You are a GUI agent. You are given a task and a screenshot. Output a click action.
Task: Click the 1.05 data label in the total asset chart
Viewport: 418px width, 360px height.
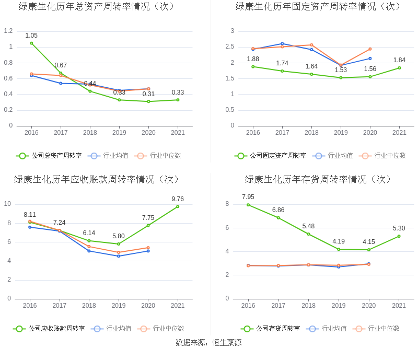coord(31,36)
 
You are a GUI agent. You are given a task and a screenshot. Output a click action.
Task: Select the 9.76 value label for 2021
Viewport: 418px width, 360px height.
coord(178,199)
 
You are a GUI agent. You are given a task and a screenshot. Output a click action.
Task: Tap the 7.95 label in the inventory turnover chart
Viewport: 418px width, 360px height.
coord(248,197)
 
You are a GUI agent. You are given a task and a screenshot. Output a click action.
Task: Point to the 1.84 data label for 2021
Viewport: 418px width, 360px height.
coord(399,60)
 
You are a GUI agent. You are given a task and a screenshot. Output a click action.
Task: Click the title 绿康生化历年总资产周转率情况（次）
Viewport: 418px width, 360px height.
coord(97,7)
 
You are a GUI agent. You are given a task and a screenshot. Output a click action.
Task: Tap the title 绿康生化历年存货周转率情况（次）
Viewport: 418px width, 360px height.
coord(318,179)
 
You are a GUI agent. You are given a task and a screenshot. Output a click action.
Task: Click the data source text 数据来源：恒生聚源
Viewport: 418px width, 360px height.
coord(208,343)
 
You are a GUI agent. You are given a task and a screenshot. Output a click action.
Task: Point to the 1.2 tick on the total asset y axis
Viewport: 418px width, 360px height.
coord(8,31)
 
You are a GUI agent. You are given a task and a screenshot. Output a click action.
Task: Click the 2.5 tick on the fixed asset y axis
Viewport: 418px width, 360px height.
coord(230,47)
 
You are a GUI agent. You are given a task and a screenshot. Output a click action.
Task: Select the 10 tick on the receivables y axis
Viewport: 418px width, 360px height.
coord(8,204)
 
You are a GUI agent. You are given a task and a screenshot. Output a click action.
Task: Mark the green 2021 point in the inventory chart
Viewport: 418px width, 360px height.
coord(399,236)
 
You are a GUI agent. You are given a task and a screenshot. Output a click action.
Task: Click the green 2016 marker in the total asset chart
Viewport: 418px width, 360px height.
coord(31,43)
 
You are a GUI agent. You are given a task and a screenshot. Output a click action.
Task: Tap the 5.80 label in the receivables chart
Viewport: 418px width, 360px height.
coord(119,236)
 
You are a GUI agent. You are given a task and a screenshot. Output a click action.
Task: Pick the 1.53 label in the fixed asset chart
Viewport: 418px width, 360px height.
coord(341,70)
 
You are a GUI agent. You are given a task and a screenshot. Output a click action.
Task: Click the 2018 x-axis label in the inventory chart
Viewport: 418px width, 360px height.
coord(309,306)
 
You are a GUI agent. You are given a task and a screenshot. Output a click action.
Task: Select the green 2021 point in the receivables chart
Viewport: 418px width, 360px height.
coord(178,206)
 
